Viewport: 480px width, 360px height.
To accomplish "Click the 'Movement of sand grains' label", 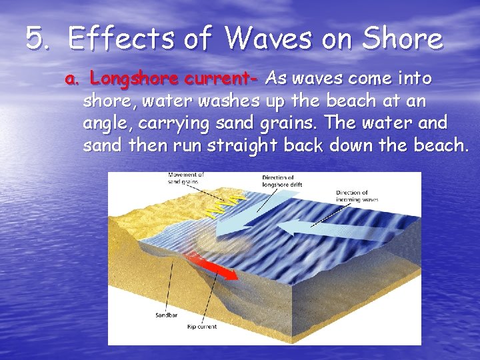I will tap(186, 178).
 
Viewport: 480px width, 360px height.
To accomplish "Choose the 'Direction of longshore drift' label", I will tap(279, 181).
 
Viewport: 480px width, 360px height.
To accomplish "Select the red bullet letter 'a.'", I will tap(72, 80).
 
